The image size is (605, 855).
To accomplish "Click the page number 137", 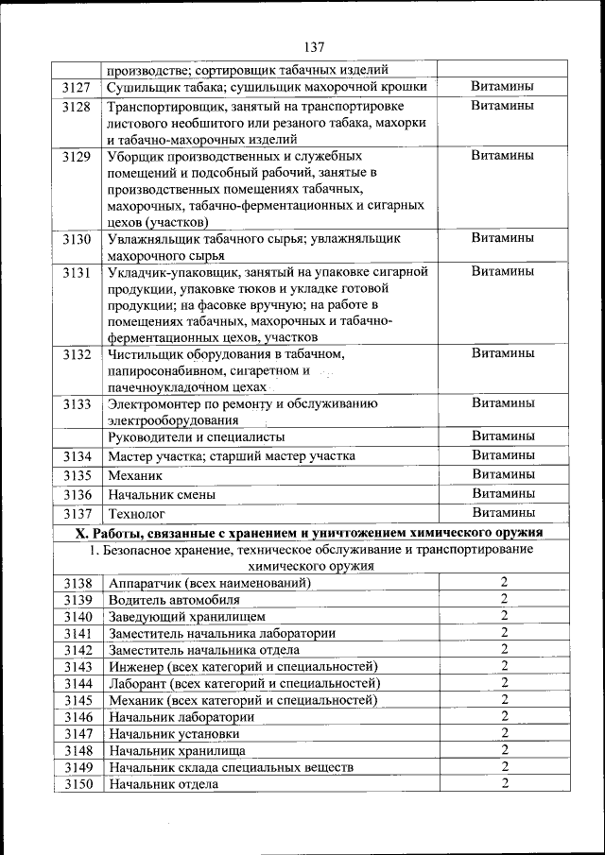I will point(315,48).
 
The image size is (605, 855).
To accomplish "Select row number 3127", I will point(77,87).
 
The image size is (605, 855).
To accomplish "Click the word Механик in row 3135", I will point(136,475).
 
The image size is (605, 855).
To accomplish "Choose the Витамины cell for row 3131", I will point(503,271).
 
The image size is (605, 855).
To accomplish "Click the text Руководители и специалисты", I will point(197,437).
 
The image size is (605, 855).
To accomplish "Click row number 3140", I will point(77,616).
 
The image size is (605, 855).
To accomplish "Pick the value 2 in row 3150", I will point(505,783).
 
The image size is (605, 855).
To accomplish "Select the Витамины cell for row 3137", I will point(503,513).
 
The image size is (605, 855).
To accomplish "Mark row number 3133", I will point(77,404).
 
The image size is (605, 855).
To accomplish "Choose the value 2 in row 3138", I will point(505,582).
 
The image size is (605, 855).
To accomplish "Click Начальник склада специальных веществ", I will point(232,767).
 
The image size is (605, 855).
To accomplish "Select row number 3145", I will point(77,700).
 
